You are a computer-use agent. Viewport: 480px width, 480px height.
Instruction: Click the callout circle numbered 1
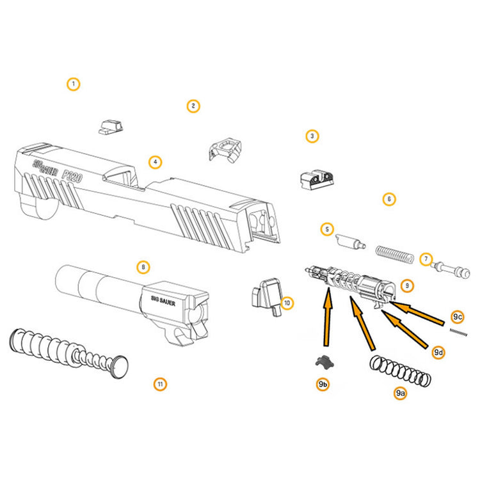coord(74,84)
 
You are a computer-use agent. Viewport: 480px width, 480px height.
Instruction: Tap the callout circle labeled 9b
coord(323,384)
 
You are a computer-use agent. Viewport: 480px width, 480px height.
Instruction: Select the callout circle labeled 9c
coord(456,317)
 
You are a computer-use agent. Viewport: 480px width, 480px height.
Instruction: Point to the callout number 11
coord(160,384)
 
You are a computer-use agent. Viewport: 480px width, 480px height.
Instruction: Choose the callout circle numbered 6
coord(388,199)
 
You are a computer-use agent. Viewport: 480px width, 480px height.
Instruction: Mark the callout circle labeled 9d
coord(438,352)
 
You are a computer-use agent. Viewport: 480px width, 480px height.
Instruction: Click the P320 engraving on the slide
coord(70,175)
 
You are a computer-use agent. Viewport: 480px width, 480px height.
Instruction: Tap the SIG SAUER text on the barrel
coord(163,298)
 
